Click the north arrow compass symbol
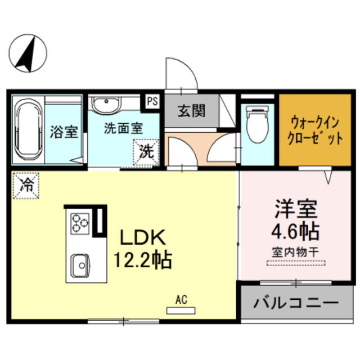(28, 53)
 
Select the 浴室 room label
(64, 132)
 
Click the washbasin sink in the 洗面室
(106, 105)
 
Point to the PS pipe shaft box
(152, 101)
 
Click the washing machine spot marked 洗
(146, 152)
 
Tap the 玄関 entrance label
(191, 111)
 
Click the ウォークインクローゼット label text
(315, 130)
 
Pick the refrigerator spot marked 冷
(26, 186)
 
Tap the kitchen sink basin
(80, 265)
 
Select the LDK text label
(143, 237)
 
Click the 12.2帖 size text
(143, 260)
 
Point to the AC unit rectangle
(181, 310)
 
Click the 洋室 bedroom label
(296, 209)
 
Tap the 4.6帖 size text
(295, 231)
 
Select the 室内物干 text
(295, 253)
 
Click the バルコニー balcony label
(296, 303)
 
